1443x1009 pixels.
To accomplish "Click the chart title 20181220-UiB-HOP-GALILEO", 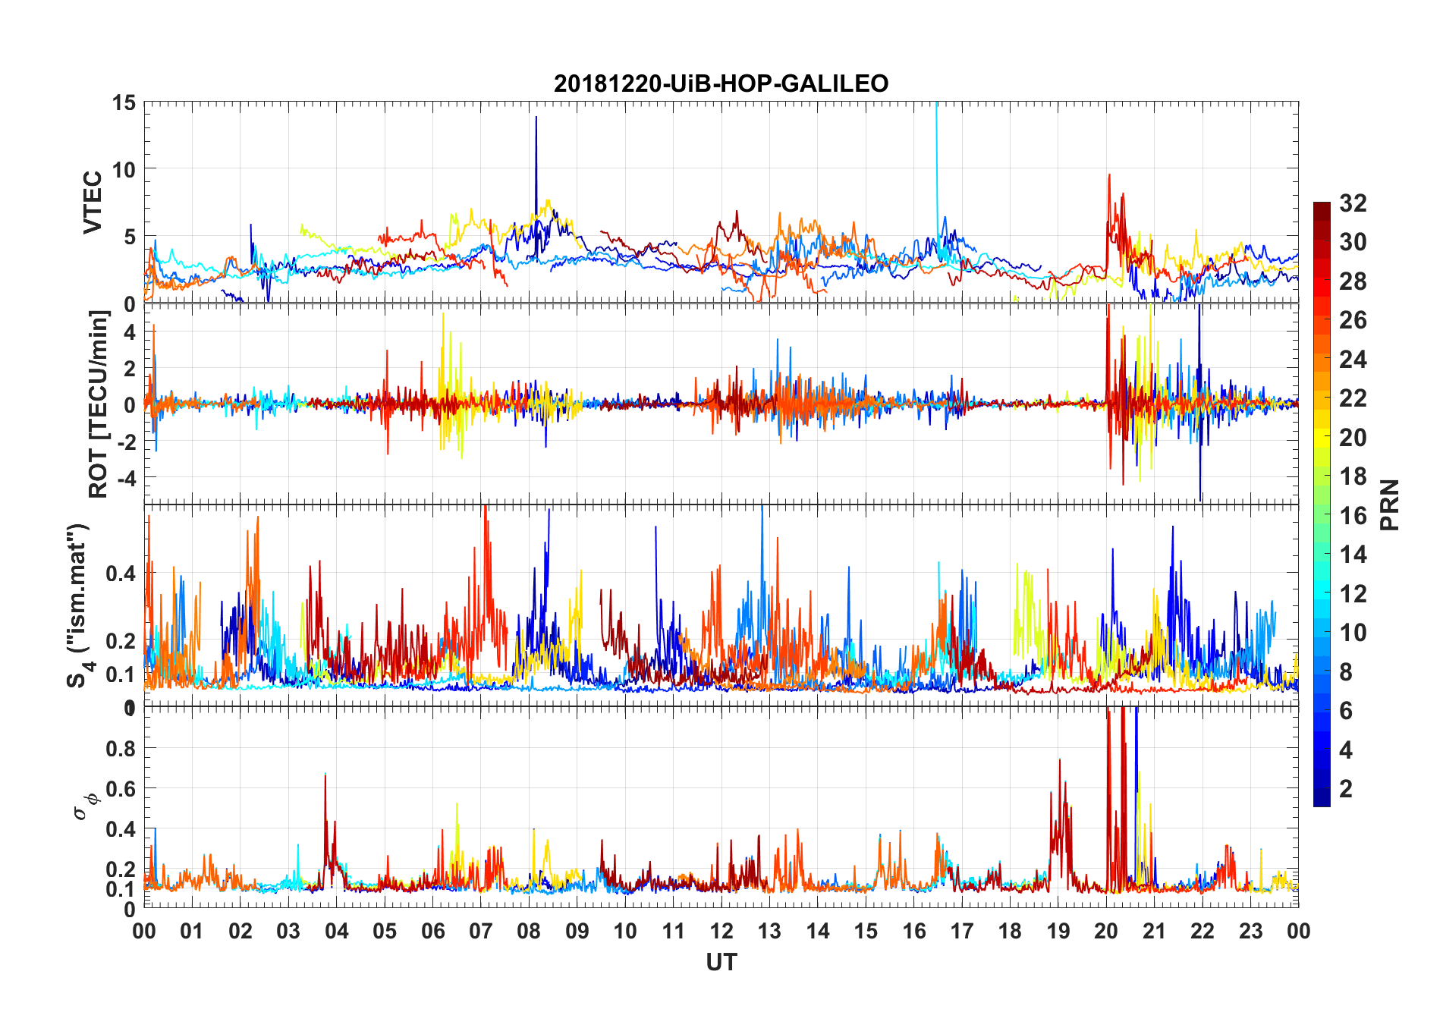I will coord(721,83).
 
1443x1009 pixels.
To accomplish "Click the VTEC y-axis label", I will coord(93,203).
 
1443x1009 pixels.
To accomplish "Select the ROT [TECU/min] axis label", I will coord(99,404).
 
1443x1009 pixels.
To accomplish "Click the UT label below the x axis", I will coord(721,963).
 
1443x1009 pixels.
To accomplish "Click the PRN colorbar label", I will coord(1389,504).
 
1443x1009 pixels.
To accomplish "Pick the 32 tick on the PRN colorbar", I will coord(1353,203).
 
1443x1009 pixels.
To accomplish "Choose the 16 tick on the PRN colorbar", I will coord(1353,516).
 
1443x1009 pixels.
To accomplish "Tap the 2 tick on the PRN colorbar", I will coord(1346,789).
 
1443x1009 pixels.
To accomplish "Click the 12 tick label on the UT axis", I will coord(721,932).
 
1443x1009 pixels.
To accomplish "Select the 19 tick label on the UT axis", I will coord(1058,932).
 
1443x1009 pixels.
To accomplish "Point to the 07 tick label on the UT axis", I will coord(480,932).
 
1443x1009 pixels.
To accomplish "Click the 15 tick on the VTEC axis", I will coord(124,102).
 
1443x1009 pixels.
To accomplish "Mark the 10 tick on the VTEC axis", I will coord(124,170).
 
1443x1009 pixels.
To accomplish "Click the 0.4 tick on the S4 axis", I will coord(121,574).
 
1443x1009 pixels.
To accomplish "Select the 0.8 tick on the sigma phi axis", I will coord(121,749).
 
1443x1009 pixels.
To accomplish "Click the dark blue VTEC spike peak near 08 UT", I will coord(536,118).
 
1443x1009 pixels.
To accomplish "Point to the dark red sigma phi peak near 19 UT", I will coord(1059,760).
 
